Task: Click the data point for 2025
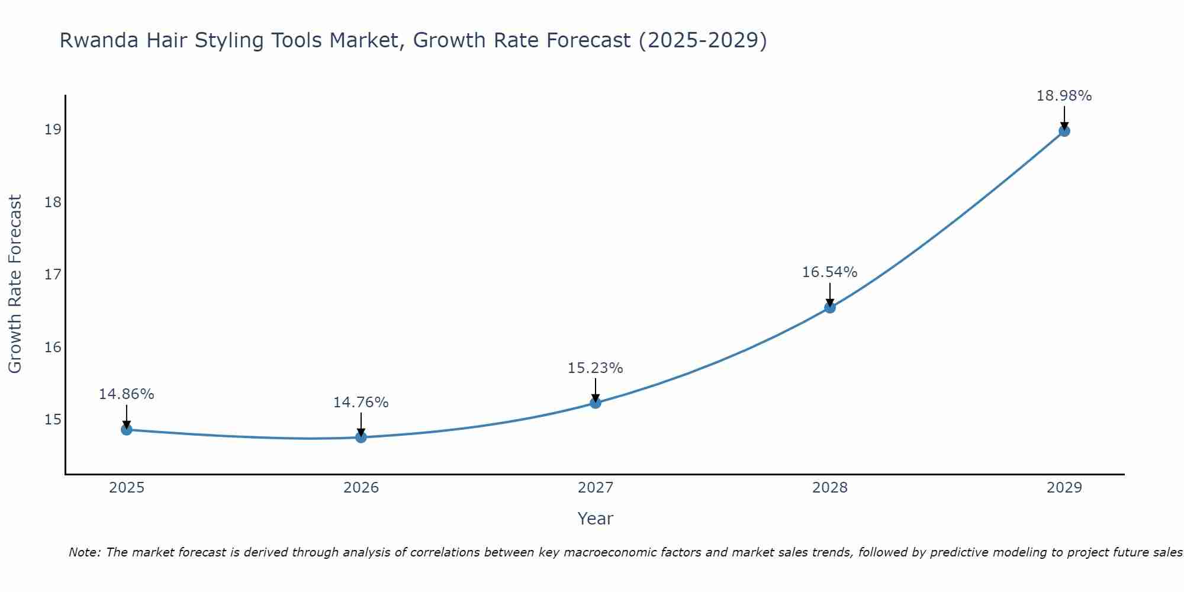(127, 429)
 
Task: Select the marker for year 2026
(361, 437)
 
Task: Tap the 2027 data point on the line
(596, 403)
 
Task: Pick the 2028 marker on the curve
(830, 307)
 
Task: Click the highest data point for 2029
(1064, 131)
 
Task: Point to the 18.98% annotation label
(1064, 96)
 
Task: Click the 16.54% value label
(829, 272)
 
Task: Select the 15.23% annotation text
(595, 368)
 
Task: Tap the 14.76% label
(361, 403)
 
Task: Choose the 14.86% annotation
(126, 394)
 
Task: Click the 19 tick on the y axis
(53, 129)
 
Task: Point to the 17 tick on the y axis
(53, 275)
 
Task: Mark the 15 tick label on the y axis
(53, 420)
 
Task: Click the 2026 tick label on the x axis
(361, 488)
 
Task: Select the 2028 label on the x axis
(830, 488)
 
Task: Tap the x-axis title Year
(595, 519)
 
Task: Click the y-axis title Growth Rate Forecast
(15, 284)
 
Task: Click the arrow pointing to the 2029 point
(1064, 117)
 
